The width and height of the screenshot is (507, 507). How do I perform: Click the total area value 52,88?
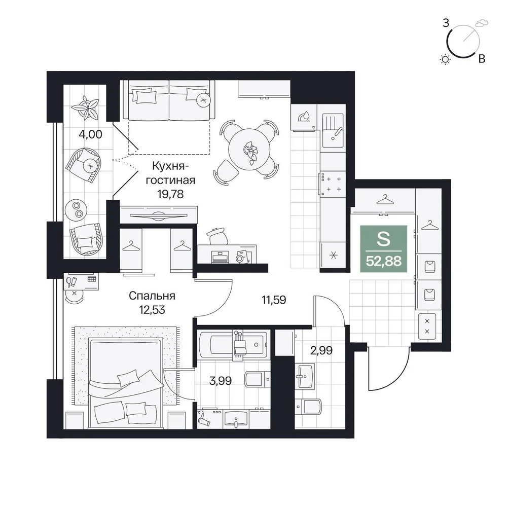(x=383, y=261)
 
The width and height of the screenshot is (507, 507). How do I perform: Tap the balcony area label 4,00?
(x=90, y=134)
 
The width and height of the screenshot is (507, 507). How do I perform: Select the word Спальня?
(x=152, y=296)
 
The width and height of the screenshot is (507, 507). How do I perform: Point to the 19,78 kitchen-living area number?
(x=170, y=194)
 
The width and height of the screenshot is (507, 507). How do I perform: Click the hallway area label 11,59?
(x=274, y=300)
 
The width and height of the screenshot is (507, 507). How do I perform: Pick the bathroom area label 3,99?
(x=220, y=381)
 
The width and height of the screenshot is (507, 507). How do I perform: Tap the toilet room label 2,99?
(x=321, y=350)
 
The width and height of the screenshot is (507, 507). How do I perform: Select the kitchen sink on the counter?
(x=333, y=130)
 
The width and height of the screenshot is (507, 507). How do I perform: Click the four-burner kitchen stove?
(x=333, y=184)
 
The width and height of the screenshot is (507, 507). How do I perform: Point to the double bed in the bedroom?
(x=125, y=382)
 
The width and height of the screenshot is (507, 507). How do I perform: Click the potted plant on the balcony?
(x=85, y=106)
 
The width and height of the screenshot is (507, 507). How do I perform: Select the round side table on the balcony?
(x=77, y=209)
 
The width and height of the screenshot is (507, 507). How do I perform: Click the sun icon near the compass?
(x=445, y=59)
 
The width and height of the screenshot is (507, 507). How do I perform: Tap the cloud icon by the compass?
(x=482, y=23)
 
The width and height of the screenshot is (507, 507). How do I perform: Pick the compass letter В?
(x=482, y=59)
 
